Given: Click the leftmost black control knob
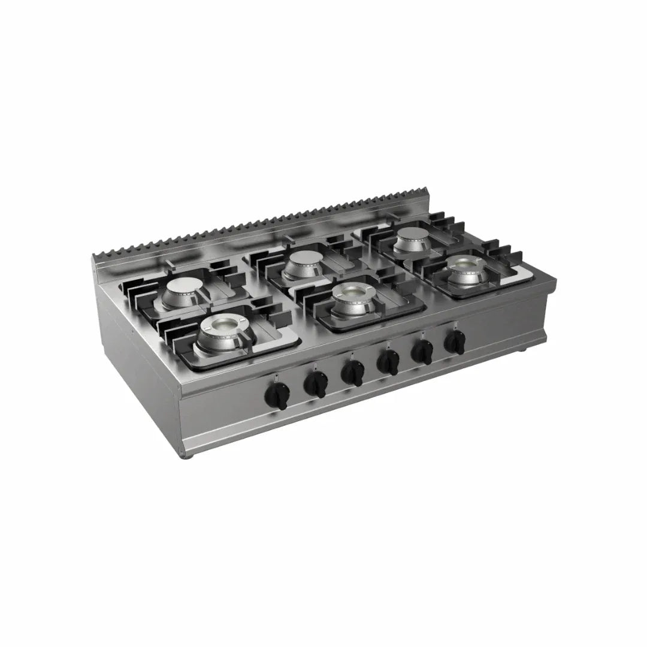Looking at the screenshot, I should [x=279, y=395].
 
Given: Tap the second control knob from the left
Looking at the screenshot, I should [x=315, y=385].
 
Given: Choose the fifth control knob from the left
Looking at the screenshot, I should [x=423, y=353].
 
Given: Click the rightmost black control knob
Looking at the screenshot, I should [x=455, y=343].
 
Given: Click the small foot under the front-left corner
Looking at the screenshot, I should [x=188, y=456].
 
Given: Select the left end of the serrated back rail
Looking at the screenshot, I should [x=96, y=259].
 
